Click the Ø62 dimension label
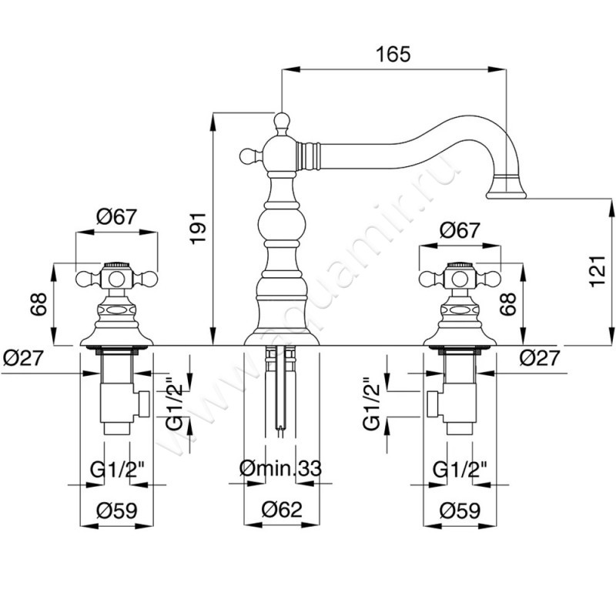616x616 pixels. pos(279,509)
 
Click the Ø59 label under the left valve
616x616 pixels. pos(116,509)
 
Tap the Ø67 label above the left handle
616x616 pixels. pos(117,217)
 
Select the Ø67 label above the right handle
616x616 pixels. pos(460,230)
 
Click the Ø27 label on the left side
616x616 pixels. pos(21,357)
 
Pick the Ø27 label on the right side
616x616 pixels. pos(537,357)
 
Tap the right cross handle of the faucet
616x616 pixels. pos(460,279)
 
